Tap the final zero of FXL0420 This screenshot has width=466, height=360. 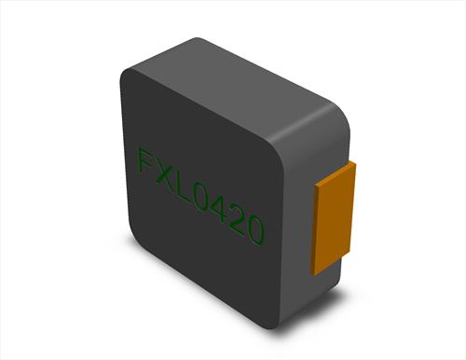(x=255, y=230)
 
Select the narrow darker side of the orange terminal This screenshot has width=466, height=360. (x=317, y=230)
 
